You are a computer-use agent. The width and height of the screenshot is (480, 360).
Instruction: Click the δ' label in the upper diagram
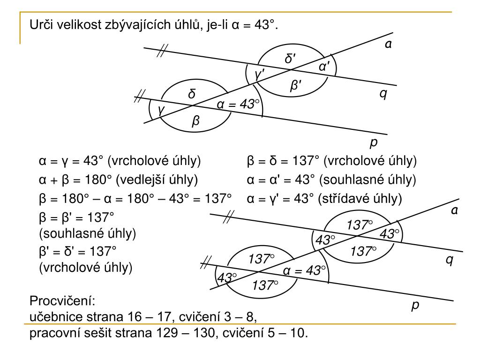tap(290, 59)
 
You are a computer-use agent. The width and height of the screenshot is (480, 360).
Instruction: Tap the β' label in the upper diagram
tap(296, 86)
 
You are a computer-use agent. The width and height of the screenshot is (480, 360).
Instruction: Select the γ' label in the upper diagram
tap(259, 74)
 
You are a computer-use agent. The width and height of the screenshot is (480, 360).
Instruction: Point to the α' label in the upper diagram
tap(327, 67)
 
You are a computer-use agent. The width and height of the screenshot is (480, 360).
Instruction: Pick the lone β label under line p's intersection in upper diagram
tap(196, 121)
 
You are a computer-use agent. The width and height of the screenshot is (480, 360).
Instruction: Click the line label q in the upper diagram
tap(383, 94)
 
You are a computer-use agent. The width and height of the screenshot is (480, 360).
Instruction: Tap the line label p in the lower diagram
tap(415, 306)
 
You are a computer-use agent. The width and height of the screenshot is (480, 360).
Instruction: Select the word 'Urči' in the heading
tap(41, 24)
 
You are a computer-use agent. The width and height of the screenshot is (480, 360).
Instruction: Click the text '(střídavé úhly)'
tap(360, 199)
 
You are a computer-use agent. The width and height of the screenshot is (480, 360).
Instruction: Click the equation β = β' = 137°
tap(75, 217)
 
